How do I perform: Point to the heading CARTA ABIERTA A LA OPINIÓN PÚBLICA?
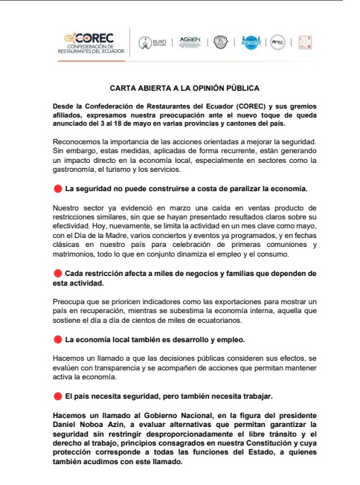pos(179,88)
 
